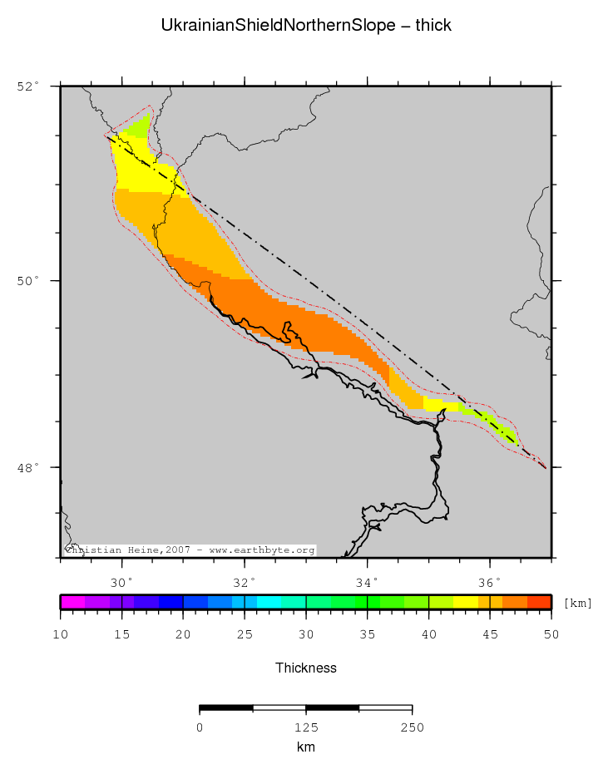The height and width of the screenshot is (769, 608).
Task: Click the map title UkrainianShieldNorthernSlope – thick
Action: click(x=306, y=26)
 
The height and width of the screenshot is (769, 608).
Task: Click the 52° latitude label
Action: click(x=27, y=86)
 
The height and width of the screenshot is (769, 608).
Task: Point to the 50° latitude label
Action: click(x=27, y=281)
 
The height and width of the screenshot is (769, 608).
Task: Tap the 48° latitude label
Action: click(x=27, y=467)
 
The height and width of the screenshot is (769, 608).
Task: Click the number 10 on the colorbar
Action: click(x=60, y=635)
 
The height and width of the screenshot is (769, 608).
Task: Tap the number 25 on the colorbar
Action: click(x=245, y=635)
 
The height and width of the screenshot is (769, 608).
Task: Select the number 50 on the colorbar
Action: click(x=551, y=635)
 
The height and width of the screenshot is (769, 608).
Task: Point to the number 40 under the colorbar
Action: click(x=428, y=635)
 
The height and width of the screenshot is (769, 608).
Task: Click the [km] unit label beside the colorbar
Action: click(x=577, y=603)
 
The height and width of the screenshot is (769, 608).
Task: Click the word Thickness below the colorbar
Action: click(x=306, y=668)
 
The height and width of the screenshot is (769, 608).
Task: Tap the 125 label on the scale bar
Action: click(x=306, y=727)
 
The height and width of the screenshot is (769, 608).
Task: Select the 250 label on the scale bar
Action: click(x=413, y=727)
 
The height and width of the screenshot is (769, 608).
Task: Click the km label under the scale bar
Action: click(x=306, y=747)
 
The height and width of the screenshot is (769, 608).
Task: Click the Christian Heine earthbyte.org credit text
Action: click(x=190, y=550)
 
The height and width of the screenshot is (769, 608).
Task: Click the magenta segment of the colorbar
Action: click(x=72, y=603)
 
